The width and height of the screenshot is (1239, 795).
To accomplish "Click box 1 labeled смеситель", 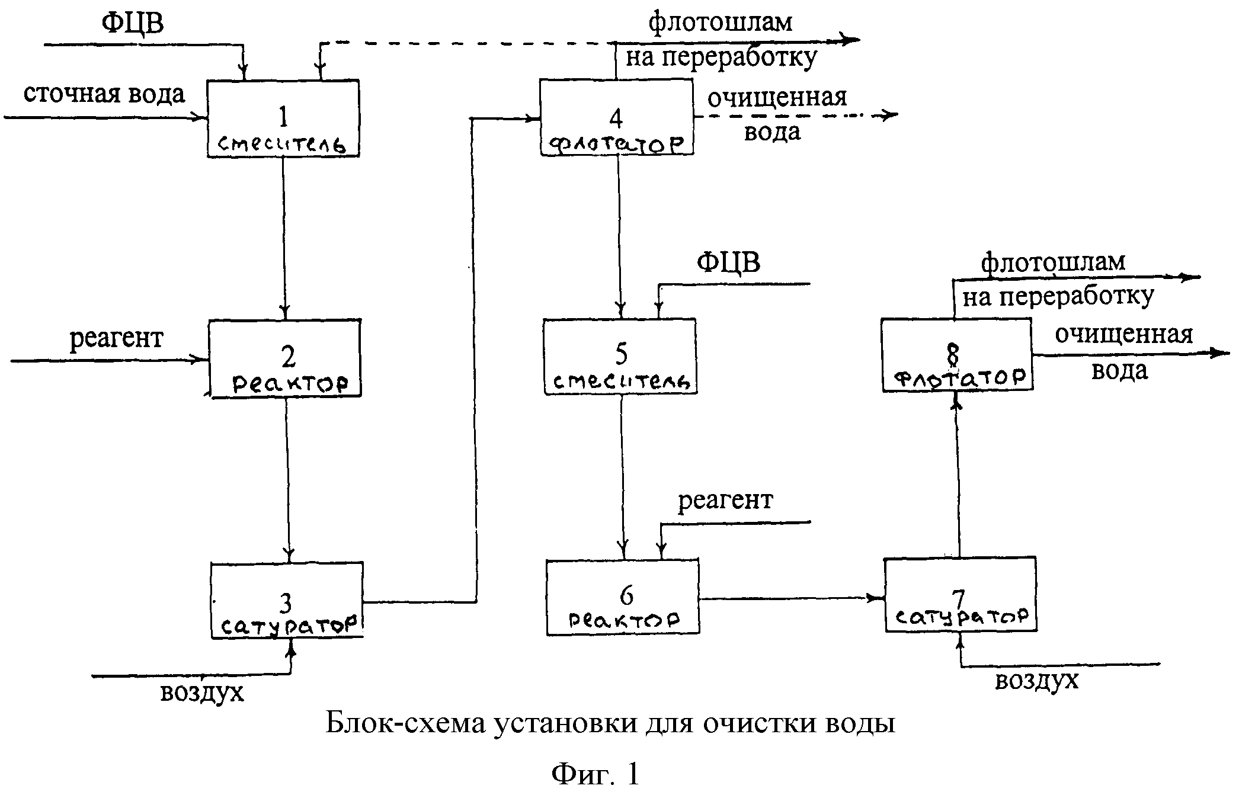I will pyautogui.click(x=283, y=118).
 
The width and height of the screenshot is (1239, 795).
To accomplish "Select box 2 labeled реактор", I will pyautogui.click(x=285, y=358).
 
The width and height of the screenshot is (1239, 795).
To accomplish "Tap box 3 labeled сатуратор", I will pyautogui.click(x=287, y=600).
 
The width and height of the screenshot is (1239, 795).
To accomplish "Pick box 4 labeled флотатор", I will pyautogui.click(x=616, y=118).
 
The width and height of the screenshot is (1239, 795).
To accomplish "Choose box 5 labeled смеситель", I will pyautogui.click(x=620, y=357).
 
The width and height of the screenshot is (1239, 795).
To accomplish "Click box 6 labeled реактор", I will pyautogui.click(x=623, y=597).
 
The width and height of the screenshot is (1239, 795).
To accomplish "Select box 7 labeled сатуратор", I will pyautogui.click(x=961, y=595).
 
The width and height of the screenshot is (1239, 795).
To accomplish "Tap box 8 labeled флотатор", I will pyautogui.click(x=957, y=355).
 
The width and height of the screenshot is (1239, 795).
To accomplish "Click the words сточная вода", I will pyautogui.click(x=104, y=94).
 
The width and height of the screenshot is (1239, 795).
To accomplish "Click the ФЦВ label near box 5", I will pyautogui.click(x=728, y=262).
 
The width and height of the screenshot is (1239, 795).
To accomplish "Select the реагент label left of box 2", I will pyautogui.click(x=116, y=338).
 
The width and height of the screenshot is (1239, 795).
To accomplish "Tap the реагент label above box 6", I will pyautogui.click(x=725, y=500).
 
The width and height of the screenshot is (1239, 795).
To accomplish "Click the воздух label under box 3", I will pyautogui.click(x=201, y=691).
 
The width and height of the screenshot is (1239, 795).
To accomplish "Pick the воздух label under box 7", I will pyautogui.click(x=1036, y=680).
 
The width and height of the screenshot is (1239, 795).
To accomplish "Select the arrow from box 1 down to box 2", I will pyautogui.click(x=284, y=237).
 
